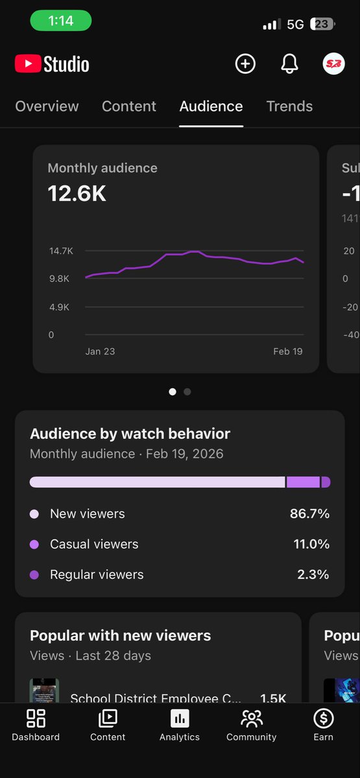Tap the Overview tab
[x=47, y=106]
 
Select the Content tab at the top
[x=129, y=106]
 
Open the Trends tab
[x=289, y=106]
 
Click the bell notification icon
[x=289, y=64]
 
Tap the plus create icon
[x=245, y=64]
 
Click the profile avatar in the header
[x=333, y=64]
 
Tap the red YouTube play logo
[x=27, y=64]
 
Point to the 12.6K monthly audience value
[x=77, y=193]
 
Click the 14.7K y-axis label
[x=60, y=250]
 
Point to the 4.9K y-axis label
[x=60, y=307]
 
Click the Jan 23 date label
[x=100, y=351]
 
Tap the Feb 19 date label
[x=287, y=351]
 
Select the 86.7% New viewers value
[x=309, y=513]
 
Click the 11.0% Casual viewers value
[x=311, y=544]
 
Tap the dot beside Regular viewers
[x=34, y=574]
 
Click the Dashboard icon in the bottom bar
[x=36, y=718]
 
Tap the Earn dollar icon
[x=323, y=718]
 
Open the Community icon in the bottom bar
[x=251, y=718]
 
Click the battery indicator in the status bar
[x=322, y=24]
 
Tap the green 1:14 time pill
[x=61, y=21]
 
